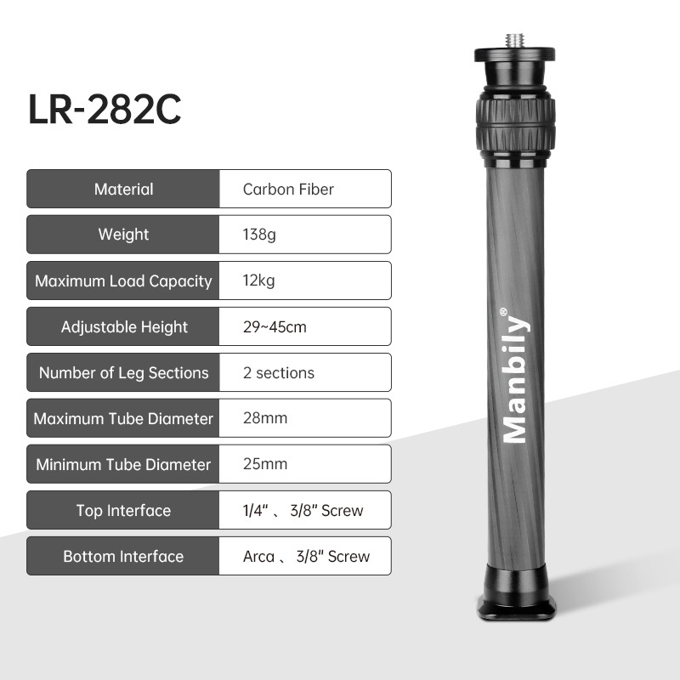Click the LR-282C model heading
click(x=105, y=111)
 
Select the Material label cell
click(x=123, y=189)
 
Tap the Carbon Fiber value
click(x=288, y=189)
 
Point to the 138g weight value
click(x=259, y=235)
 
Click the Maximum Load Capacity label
click(x=123, y=280)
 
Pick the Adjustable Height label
click(x=124, y=326)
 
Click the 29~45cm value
click(x=275, y=326)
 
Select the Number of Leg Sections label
click(x=123, y=372)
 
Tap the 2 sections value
click(x=278, y=372)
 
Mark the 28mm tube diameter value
click(x=264, y=418)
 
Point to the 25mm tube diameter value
click(x=264, y=464)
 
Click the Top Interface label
click(x=123, y=511)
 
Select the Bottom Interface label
click(x=123, y=557)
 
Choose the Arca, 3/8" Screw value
click(x=306, y=557)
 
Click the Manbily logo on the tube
click(x=514, y=375)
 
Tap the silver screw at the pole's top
click(x=515, y=40)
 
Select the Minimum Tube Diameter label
click(x=123, y=464)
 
